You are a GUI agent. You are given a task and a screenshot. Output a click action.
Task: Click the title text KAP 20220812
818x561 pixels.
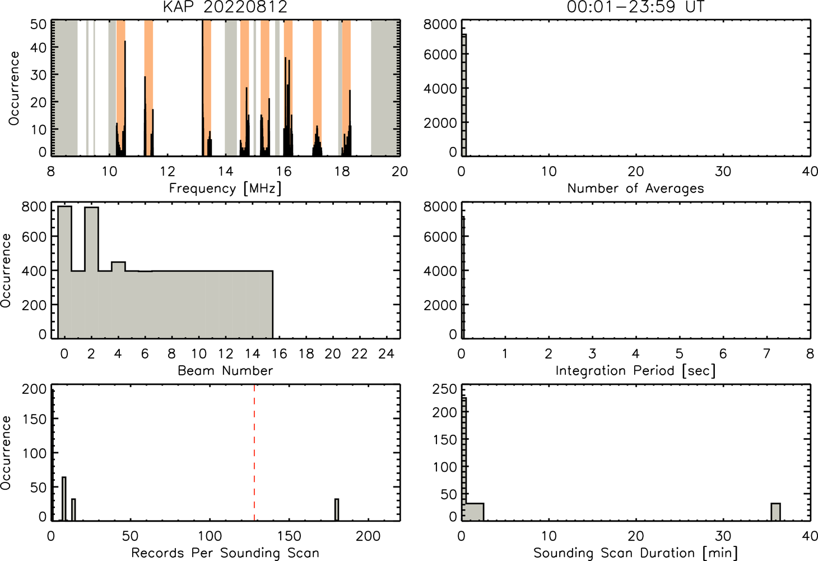coord(225,7)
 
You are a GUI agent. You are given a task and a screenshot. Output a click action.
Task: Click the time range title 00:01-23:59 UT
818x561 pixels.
coord(635,7)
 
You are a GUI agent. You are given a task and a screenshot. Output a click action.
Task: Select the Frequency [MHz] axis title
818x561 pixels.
coord(225,188)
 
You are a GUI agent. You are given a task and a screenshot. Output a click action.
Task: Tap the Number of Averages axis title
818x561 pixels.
coord(635,188)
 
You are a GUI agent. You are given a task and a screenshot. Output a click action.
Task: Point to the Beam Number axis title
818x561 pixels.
coord(225,371)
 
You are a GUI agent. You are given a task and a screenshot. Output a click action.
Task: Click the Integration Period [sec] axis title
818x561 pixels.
coord(635,371)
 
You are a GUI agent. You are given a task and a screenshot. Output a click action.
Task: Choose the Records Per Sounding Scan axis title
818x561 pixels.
coord(225,553)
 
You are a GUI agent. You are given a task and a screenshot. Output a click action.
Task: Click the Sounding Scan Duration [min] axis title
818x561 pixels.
coord(635,553)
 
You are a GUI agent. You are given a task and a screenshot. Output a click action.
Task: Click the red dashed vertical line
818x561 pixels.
coord(254,453)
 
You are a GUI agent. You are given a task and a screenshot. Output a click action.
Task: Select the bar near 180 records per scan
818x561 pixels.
coord(337,509)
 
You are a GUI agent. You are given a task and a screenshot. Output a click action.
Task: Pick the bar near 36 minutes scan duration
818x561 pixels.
coord(775,512)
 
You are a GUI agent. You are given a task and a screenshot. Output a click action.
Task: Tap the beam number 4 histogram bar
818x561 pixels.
coord(118,300)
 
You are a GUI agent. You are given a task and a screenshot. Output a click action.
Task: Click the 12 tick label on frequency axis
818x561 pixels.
coord(168,172)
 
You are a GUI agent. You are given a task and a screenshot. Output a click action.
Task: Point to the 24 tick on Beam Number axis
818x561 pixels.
coord(387,353)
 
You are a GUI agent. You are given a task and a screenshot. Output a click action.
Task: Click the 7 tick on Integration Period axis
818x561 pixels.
coord(767,353)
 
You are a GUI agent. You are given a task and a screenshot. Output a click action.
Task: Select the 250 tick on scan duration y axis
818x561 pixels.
coord(444,389)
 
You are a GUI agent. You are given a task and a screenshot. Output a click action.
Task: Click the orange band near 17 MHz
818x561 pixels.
coord(317,88)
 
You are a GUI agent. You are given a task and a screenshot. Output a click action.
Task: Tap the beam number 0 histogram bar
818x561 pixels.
coord(64,272)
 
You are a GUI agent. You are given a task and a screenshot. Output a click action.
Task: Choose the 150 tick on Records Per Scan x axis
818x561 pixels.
coord(289,536)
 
